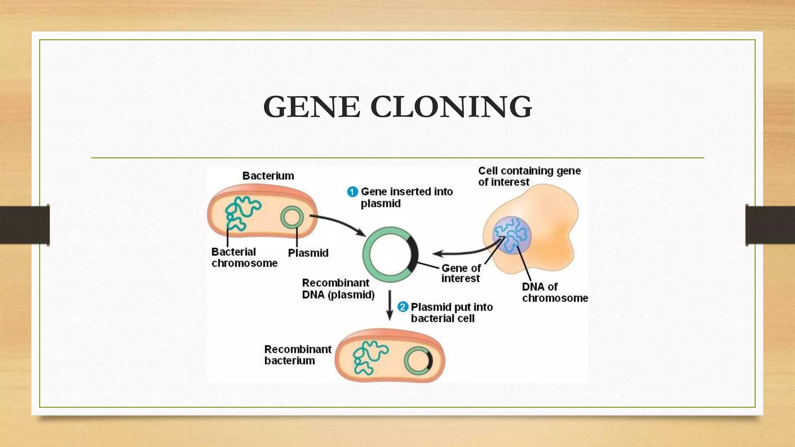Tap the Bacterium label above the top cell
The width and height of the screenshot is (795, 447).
pyautogui.click(x=268, y=176)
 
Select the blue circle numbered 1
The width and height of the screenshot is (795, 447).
pyautogui.click(x=352, y=192)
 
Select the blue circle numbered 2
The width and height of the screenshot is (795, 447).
pyautogui.click(x=403, y=307)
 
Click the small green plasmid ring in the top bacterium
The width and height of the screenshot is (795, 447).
pyautogui.click(x=292, y=217)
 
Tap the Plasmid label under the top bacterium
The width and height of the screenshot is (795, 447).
pyautogui.click(x=308, y=253)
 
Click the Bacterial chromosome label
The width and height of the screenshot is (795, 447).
pyautogui.click(x=244, y=257)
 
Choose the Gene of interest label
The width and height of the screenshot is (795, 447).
pyautogui.click(x=461, y=273)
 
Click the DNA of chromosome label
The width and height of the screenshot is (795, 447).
pyautogui.click(x=554, y=292)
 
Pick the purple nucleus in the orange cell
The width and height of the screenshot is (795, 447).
pyautogui.click(x=512, y=235)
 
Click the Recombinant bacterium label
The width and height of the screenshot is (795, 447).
pyautogui.click(x=298, y=355)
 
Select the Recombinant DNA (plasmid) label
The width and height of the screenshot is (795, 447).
pyautogui.click(x=338, y=289)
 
